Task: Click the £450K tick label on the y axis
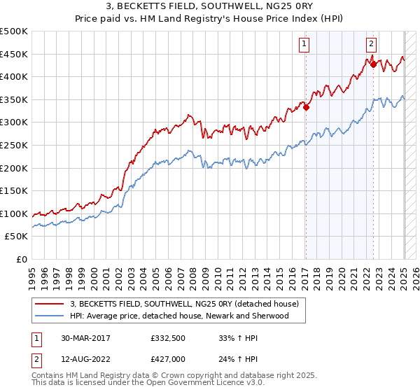click(x=14, y=54)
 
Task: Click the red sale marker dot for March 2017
click(x=306, y=108)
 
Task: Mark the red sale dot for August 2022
click(x=373, y=64)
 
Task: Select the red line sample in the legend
click(x=49, y=304)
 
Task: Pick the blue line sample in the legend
click(x=49, y=316)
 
